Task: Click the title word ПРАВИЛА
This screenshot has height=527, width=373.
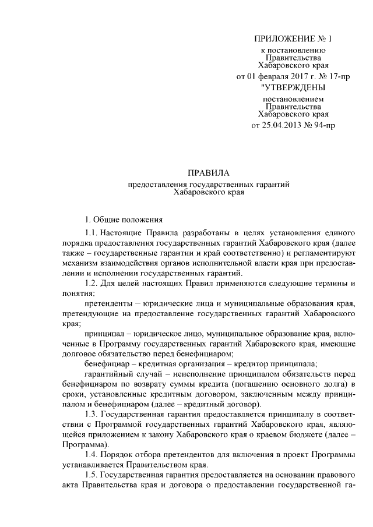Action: (209, 172)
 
